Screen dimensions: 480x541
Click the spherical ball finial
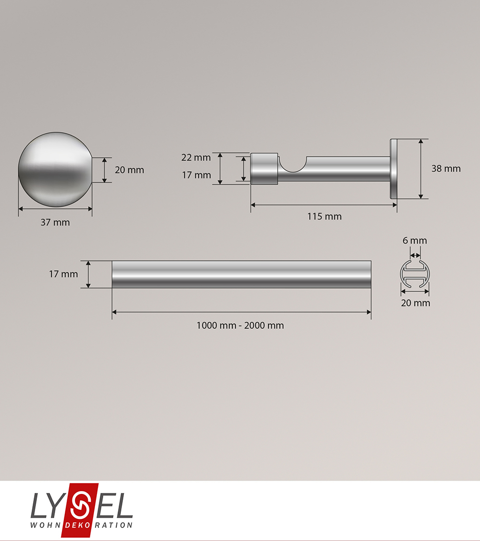(x=55, y=170)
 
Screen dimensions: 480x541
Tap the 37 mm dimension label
(x=55, y=223)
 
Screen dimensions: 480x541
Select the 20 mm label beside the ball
(x=130, y=170)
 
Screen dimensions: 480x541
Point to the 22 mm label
(x=196, y=158)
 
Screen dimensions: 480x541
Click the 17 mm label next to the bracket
(x=196, y=175)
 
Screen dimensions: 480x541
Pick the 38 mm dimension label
(x=446, y=169)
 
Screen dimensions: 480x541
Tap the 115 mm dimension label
(x=324, y=217)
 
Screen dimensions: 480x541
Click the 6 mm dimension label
(x=415, y=241)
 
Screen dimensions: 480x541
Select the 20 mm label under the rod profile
(x=416, y=303)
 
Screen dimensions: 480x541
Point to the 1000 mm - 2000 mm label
(x=240, y=326)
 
